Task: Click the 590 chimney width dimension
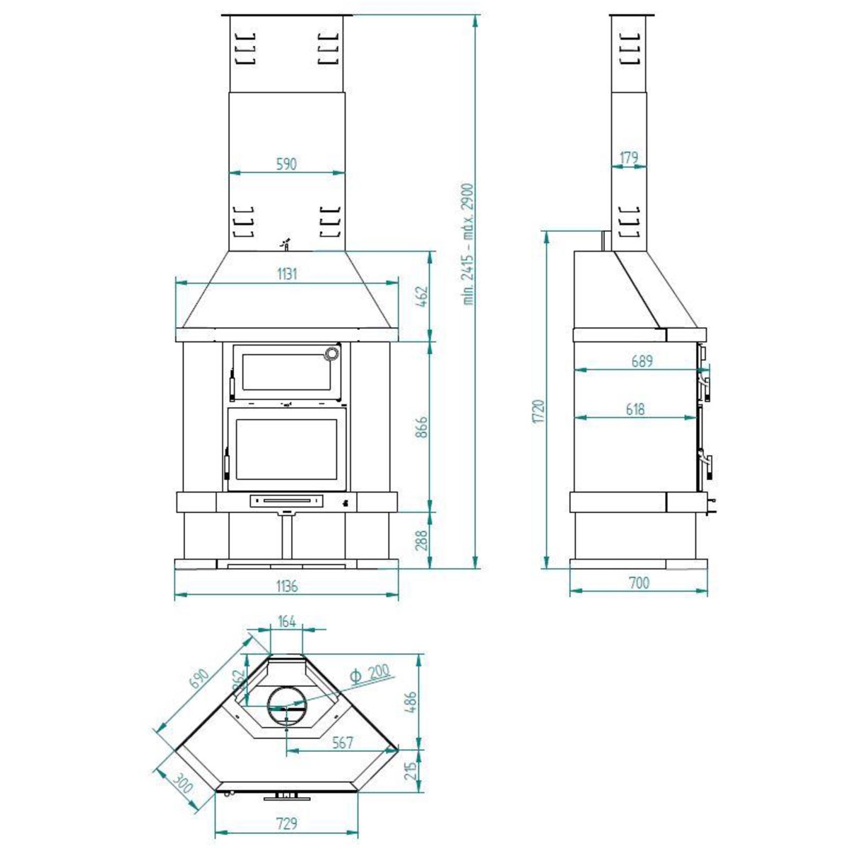[x=286, y=164]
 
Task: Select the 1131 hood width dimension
[x=286, y=274]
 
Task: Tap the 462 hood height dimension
[x=421, y=297]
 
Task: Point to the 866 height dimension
[x=421, y=426]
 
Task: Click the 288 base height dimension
[x=421, y=540]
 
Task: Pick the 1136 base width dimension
[x=286, y=586]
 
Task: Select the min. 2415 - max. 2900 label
[x=469, y=244]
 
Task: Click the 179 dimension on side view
[x=628, y=157]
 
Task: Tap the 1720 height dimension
[x=538, y=411]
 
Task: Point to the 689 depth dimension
[x=642, y=361]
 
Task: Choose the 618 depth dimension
[x=635, y=409]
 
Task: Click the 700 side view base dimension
[x=638, y=583]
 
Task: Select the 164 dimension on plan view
[x=287, y=622]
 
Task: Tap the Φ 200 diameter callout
[x=369, y=673]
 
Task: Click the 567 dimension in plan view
[x=343, y=743]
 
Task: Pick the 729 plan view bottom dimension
[x=286, y=823]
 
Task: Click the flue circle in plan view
[x=287, y=706]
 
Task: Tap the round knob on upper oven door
[x=331, y=354]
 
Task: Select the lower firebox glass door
[x=286, y=448]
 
